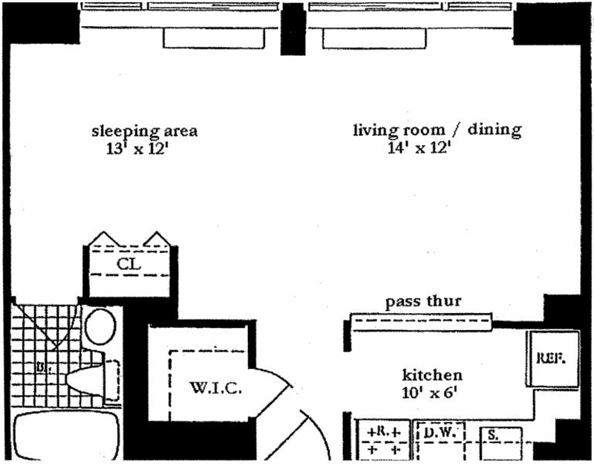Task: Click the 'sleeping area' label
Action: click(144, 132)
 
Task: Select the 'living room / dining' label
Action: click(437, 131)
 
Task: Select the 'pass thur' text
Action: click(423, 303)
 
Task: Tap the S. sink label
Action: click(492, 433)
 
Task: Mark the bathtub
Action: click(67, 439)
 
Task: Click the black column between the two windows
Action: click(294, 28)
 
